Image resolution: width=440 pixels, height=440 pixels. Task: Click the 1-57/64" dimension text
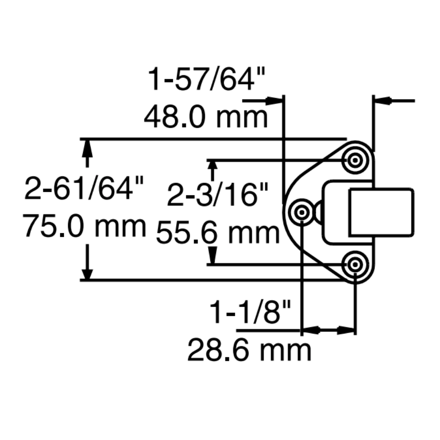[x=207, y=80]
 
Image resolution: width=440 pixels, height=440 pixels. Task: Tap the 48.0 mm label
[x=206, y=117]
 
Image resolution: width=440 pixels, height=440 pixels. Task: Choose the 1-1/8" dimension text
[x=251, y=312]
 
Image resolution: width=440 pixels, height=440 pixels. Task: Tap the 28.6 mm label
[x=249, y=350]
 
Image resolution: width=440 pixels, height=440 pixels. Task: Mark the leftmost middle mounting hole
[x=302, y=213]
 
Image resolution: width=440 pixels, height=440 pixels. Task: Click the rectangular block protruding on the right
[x=381, y=212]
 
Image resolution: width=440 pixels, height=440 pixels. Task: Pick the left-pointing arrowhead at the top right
[x=382, y=101]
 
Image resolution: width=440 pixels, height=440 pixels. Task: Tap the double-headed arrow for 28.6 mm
[x=328, y=329]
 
